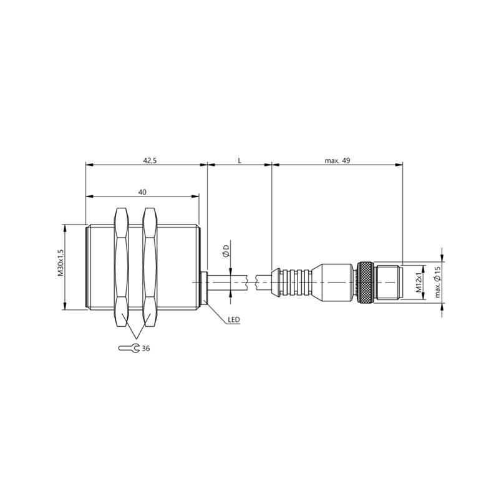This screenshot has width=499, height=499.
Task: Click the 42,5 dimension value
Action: tap(150, 161)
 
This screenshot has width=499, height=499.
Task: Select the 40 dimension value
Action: tap(142, 192)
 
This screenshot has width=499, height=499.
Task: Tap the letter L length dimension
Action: tap(240, 161)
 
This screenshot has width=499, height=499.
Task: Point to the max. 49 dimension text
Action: tap(337, 161)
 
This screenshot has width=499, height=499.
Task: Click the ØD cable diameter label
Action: tap(226, 251)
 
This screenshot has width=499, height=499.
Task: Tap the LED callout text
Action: tap(234, 320)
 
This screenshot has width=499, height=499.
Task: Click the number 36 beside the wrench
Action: tap(146, 349)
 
